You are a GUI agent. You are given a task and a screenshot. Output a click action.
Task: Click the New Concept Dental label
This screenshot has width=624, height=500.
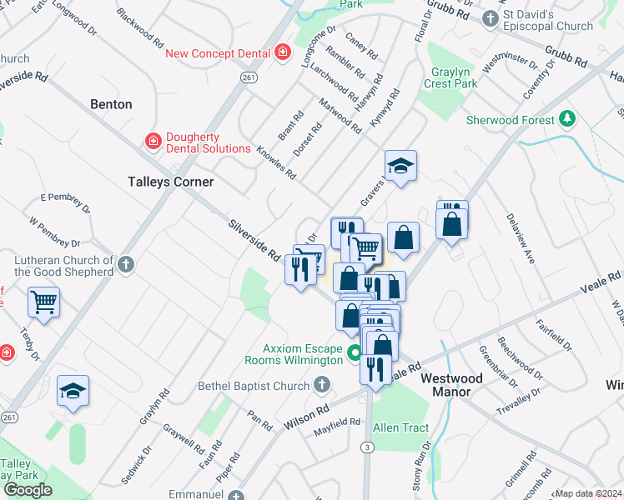[x=218, y=53]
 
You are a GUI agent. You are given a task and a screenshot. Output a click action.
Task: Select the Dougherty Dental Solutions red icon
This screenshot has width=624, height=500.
[x=153, y=142]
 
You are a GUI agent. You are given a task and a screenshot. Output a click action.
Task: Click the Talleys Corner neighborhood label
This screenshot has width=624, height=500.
[x=170, y=182]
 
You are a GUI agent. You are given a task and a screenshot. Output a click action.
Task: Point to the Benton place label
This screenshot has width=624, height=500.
[x=111, y=104]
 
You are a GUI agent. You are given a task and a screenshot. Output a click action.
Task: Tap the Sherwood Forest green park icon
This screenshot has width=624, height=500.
[x=568, y=119]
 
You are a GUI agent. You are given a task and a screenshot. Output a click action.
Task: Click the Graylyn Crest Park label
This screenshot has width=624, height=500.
[x=450, y=77]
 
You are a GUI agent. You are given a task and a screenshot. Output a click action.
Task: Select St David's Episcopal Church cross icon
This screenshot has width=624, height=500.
[x=492, y=17]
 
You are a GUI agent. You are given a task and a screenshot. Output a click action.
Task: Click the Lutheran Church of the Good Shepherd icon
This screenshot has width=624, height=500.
[x=126, y=265]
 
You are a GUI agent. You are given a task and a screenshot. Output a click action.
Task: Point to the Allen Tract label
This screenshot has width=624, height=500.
[x=400, y=428]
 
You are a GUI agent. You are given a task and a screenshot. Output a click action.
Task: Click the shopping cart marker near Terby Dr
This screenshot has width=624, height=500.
[x=43, y=302]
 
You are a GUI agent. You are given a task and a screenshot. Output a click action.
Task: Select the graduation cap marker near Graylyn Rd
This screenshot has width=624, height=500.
[x=73, y=390]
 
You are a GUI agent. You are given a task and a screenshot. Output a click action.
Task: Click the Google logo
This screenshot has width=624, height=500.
[x=28, y=490]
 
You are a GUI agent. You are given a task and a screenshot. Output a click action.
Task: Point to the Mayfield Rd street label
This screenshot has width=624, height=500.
[x=337, y=427]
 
